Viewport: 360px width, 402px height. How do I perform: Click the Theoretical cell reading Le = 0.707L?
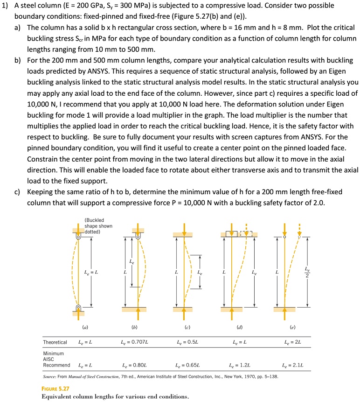click(x=135, y=342)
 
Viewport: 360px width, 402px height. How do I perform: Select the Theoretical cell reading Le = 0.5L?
click(x=187, y=342)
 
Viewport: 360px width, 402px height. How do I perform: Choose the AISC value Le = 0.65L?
click(x=187, y=365)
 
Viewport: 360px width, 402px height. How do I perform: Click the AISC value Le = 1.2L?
click(x=240, y=365)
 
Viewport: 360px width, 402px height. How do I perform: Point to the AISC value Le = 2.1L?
click(x=294, y=365)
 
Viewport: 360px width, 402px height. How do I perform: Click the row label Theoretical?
click(x=55, y=342)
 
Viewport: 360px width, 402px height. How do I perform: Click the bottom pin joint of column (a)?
click(x=78, y=308)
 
